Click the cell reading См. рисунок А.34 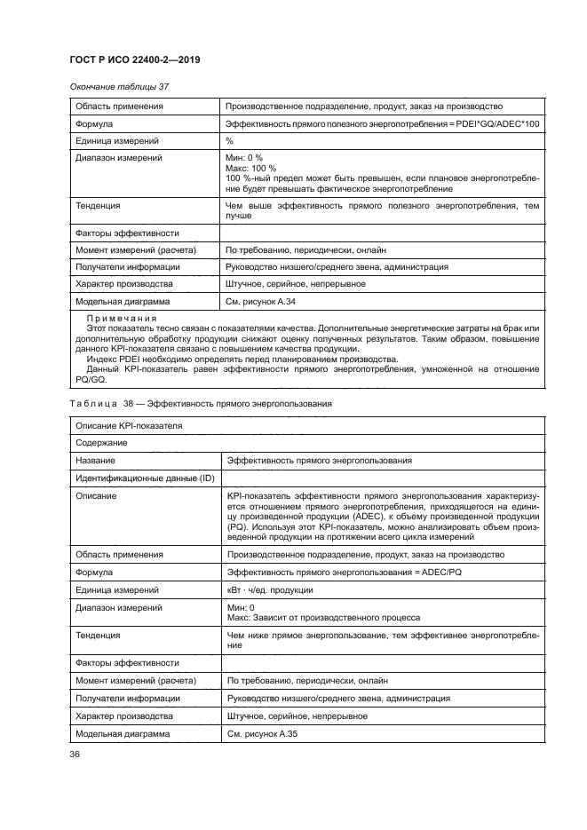coord(259,302)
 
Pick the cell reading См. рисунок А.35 coord(259,734)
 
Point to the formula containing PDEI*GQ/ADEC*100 coord(382,123)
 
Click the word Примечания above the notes coord(122,319)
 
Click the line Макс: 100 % coord(251,168)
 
